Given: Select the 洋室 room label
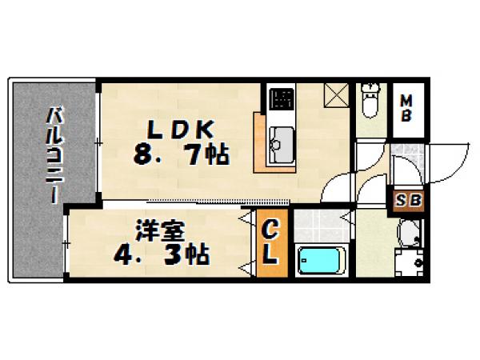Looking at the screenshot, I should tap(159, 231).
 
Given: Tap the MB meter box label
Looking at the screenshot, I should tap(406, 108).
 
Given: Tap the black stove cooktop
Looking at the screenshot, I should tap(282, 98).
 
